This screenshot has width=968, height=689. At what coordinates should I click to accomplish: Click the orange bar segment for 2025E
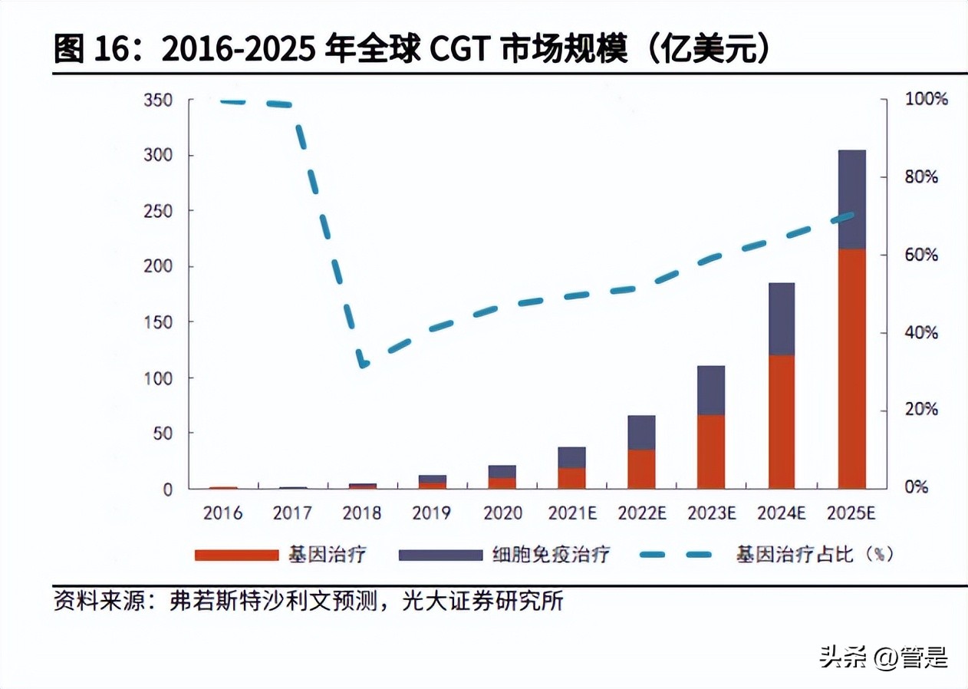point(851,368)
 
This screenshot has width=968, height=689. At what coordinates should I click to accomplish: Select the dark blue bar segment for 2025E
point(851,199)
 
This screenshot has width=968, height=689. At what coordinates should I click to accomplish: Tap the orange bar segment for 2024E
point(782,421)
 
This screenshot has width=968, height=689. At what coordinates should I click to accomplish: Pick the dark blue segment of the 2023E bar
point(711,390)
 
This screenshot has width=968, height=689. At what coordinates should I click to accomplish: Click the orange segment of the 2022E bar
point(641,469)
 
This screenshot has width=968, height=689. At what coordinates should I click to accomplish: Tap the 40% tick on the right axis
point(921,333)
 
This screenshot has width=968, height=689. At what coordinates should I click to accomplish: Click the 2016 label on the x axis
point(222,513)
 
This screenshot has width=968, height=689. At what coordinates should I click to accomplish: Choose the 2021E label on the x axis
point(571,513)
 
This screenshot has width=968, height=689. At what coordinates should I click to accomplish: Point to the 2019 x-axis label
point(432,513)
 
